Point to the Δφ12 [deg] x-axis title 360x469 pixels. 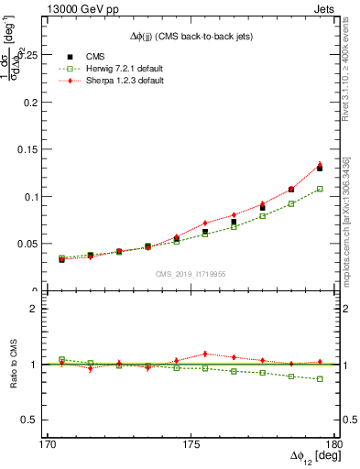tap(311, 459)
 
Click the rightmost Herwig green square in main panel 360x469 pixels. tap(320, 189)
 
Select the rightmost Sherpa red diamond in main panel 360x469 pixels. tap(320, 165)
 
